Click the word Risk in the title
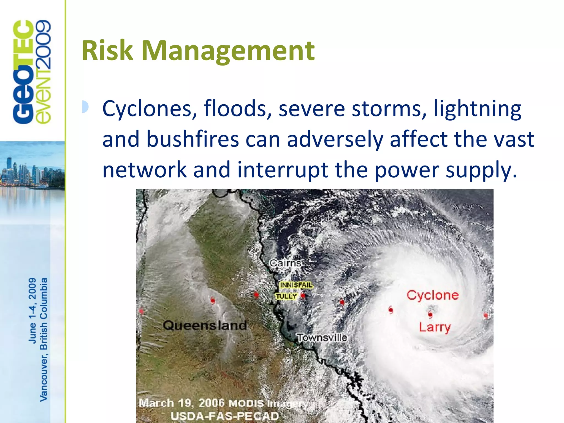pyautogui.click(x=107, y=51)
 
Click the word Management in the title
pyautogui.click(x=228, y=51)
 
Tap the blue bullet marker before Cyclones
pyautogui.click(x=85, y=107)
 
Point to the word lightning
pyautogui.click(x=478, y=109)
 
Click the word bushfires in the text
pyautogui.click(x=192, y=139)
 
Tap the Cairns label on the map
pyautogui.click(x=285, y=263)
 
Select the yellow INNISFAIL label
pyautogui.click(x=296, y=285)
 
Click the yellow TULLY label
pyautogui.click(x=286, y=296)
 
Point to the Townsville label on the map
pyautogui.click(x=322, y=337)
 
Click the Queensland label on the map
pyautogui.click(x=205, y=326)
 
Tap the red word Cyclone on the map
pyautogui.click(x=433, y=295)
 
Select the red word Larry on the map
pyautogui.click(x=435, y=327)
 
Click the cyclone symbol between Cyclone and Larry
pyautogui.click(x=430, y=314)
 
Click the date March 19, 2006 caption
pyautogui.click(x=182, y=403)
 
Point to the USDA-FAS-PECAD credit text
pyautogui.click(x=224, y=416)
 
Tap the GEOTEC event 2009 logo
pyautogui.click(x=32, y=72)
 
